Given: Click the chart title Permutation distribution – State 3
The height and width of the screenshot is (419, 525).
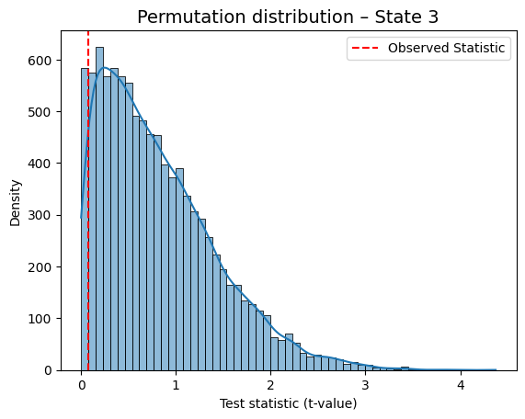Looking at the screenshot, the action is coord(288,17).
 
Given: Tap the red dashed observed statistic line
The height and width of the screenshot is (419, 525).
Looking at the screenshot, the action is coord(88,201).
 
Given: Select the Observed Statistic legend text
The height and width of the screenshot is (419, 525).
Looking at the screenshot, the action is coord(446,48).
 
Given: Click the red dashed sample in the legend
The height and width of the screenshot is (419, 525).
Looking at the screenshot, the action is coord(365,48).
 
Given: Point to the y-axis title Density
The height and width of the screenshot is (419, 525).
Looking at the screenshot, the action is coord(15,203).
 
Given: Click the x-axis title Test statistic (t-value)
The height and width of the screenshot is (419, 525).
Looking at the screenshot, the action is coord(289,403).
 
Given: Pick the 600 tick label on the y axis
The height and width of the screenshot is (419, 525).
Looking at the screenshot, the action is coord(40,61).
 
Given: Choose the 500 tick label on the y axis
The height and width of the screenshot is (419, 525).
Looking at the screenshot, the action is coord(40,112).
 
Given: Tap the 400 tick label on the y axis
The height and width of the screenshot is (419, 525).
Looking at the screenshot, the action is coord(40,164).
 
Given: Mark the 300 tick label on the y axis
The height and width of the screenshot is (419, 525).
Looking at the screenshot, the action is coord(40,215).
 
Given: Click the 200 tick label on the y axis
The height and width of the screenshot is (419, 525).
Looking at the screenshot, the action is coord(40,267).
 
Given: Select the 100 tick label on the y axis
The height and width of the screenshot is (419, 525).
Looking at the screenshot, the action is coord(40,319).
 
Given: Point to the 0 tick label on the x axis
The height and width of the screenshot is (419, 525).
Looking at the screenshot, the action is coord(81,385).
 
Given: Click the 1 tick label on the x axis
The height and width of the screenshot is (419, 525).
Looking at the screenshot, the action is coord(177,385).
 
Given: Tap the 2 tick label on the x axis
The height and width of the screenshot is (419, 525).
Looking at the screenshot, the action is coord(270,385).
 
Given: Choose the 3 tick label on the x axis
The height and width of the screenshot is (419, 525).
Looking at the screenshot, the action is coord(365,385).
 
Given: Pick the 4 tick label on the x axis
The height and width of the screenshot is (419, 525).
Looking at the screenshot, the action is coord(461,385).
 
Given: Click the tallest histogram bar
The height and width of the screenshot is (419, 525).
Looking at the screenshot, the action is coord(100,209).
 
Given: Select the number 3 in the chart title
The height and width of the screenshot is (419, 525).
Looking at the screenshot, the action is coord(433,17).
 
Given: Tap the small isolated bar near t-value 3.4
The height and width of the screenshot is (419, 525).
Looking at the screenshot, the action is coord(405,368).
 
